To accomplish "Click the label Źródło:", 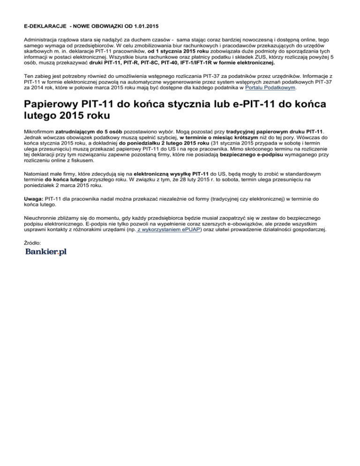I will coord(33,242).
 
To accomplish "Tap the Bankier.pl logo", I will coord(46,253).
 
